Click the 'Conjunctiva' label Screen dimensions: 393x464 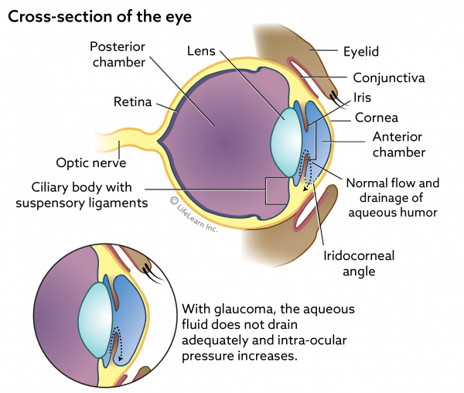pyautogui.click(x=387, y=77)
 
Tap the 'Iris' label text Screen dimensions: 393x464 pyautogui.click(x=363, y=98)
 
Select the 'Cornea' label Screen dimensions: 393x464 pyautogui.click(x=377, y=118)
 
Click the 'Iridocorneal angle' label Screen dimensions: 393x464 pyautogui.click(x=350, y=263)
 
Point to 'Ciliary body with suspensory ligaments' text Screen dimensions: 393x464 pyautogui.click(x=78, y=195)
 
